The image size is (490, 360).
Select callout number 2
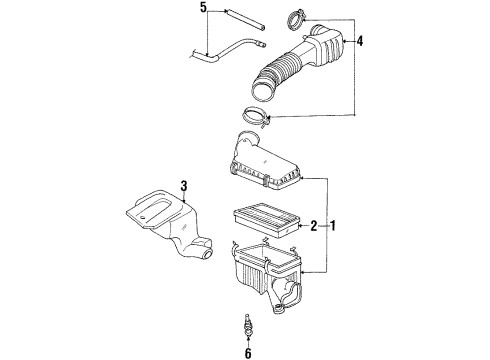pos(313,226)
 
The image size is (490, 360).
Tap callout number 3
pos(184,185)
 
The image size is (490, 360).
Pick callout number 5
pos(203,9)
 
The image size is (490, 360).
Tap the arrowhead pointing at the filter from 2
pos(297,226)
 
